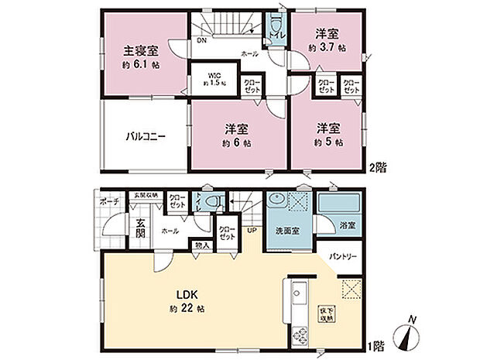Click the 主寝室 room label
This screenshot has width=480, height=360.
coord(142,52)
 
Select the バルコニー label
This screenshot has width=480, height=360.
coord(147,136)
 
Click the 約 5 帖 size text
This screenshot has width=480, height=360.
coord(328,143)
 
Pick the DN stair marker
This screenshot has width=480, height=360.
coord(201,40)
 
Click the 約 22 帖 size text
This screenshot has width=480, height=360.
coord(190,309)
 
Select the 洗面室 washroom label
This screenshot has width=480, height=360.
coord(280,231)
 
